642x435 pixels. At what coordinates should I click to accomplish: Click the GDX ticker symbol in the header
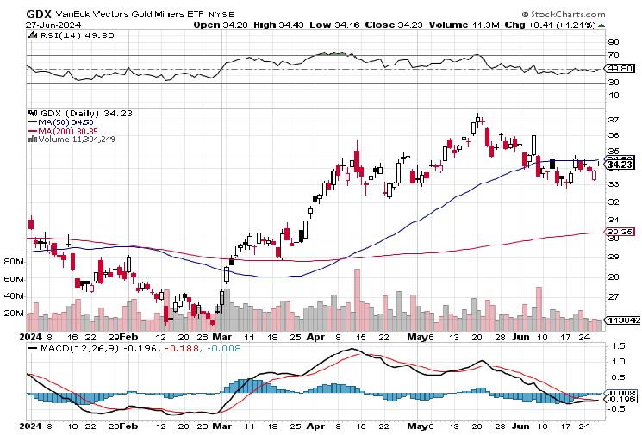click(39, 14)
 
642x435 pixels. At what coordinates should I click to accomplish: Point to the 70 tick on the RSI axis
click(614, 55)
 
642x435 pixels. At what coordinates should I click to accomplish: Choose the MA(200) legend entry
click(64, 130)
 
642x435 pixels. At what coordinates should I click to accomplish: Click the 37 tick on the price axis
click(614, 119)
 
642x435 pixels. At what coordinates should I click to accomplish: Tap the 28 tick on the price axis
click(614, 277)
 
